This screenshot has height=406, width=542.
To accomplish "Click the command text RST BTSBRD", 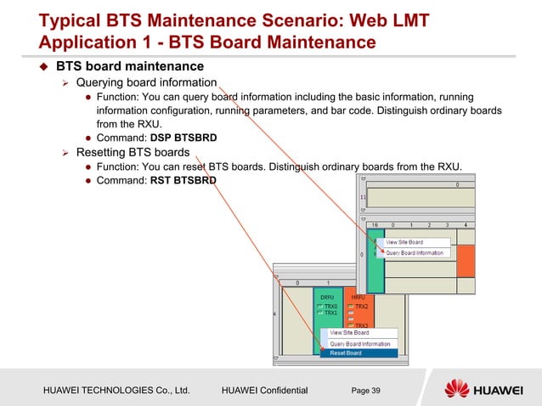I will [x=183, y=181].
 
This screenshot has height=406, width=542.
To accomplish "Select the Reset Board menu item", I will [x=346, y=353].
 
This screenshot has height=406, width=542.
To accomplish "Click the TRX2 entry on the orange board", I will [x=361, y=306].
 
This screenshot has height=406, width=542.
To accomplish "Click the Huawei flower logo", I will [x=459, y=390].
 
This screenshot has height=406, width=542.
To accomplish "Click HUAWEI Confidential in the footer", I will [x=264, y=390].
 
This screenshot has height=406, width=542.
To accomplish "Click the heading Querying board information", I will [x=146, y=82].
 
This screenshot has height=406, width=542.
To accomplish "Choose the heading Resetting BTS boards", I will [x=133, y=153].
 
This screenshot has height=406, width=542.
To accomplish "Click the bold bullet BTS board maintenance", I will [x=129, y=65].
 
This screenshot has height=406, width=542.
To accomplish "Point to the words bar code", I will [x=435, y=110].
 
